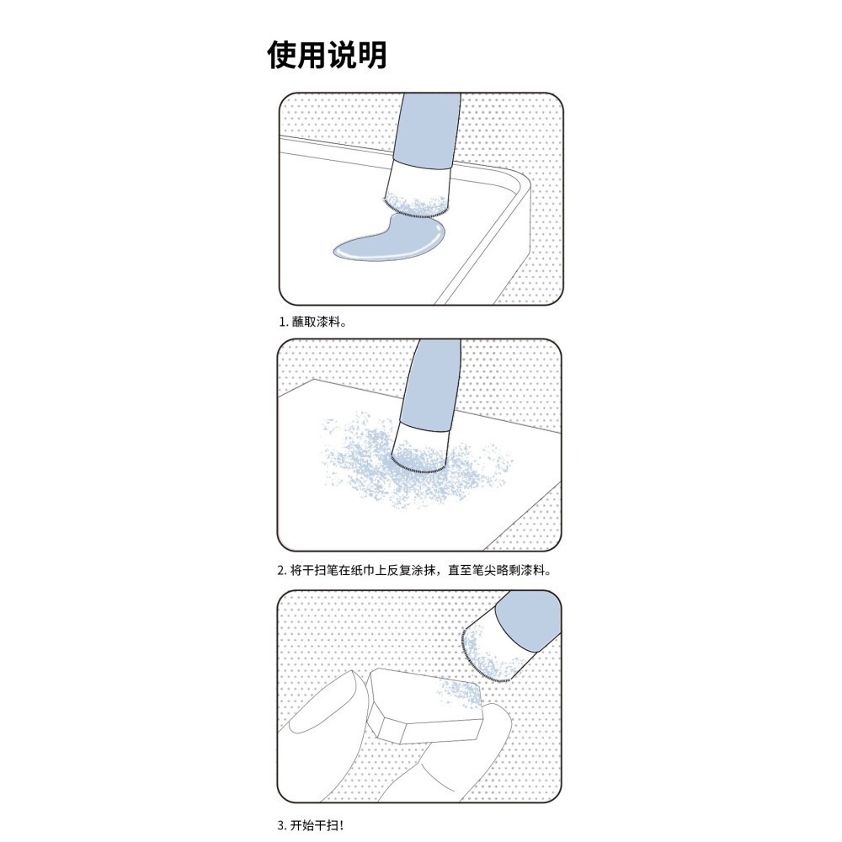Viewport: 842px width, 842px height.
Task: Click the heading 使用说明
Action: click(327, 56)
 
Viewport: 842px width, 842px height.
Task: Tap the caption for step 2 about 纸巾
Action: click(416, 570)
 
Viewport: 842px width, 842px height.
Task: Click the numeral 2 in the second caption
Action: click(281, 570)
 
